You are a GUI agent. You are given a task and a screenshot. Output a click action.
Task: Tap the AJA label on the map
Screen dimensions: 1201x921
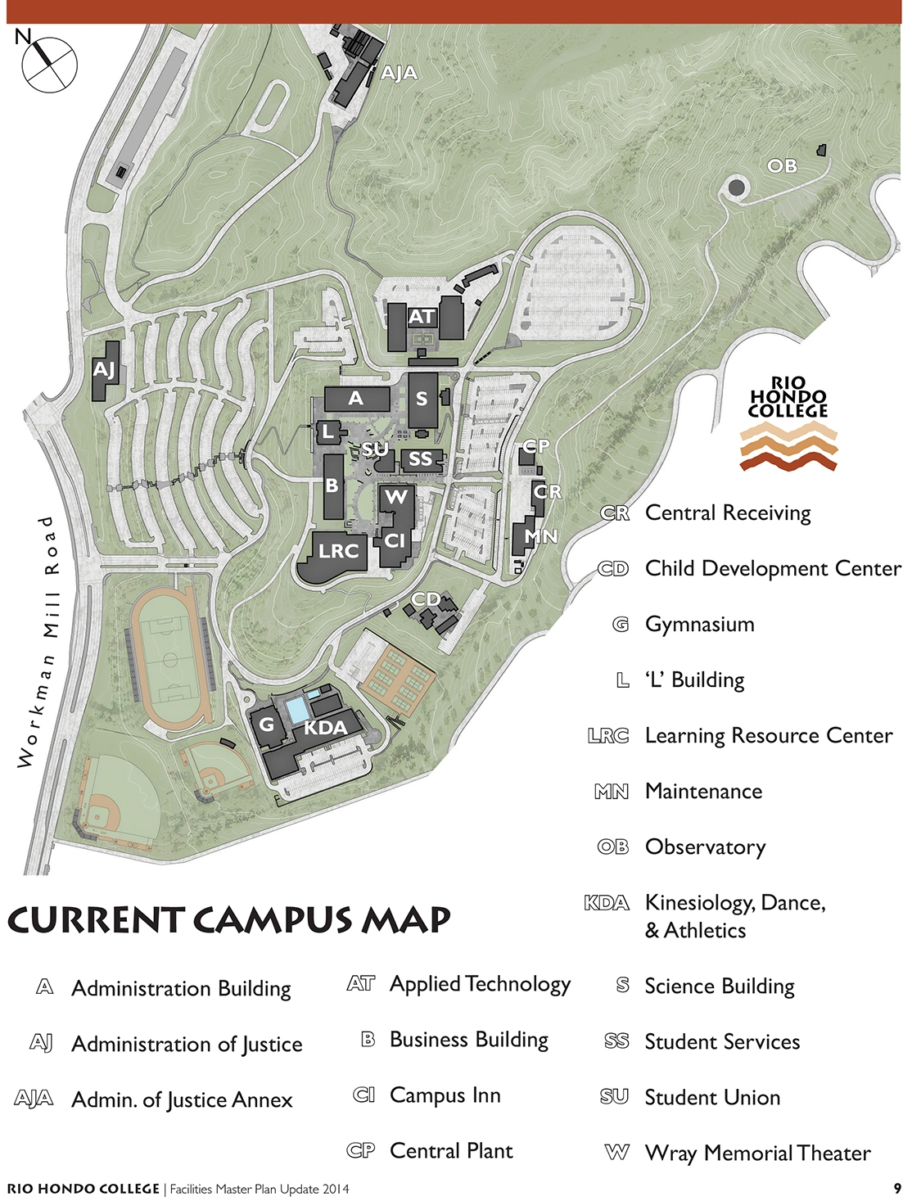(400, 73)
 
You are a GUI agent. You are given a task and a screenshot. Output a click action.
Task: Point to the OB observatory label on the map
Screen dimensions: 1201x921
(782, 165)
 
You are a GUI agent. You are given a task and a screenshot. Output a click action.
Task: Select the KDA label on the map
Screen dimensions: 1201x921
(325, 727)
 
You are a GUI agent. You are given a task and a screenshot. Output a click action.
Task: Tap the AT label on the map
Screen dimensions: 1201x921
(422, 317)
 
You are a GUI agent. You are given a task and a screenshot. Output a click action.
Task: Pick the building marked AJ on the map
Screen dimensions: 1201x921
(105, 370)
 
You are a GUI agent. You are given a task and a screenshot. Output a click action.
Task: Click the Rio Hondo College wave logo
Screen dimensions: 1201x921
(788, 446)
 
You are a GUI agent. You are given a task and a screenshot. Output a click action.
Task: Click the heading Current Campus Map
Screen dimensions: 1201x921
(229, 919)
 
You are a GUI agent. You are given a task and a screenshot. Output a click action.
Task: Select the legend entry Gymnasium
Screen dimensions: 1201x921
(699, 624)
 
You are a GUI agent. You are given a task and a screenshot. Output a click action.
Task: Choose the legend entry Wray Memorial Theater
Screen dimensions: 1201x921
(757, 1153)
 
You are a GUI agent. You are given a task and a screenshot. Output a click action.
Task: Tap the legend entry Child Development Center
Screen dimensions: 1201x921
(773, 568)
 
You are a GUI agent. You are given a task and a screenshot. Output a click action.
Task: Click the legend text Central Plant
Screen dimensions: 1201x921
(451, 1150)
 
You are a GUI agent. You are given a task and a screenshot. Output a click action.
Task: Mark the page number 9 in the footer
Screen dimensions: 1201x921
(897, 1188)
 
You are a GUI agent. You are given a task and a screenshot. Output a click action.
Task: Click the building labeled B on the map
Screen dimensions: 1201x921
(332, 485)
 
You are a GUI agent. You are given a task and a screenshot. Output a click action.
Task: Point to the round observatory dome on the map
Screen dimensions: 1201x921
(737, 188)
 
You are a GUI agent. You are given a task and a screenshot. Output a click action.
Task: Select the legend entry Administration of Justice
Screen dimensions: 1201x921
(187, 1044)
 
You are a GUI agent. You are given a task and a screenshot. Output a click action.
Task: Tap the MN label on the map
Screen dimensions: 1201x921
(540, 536)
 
